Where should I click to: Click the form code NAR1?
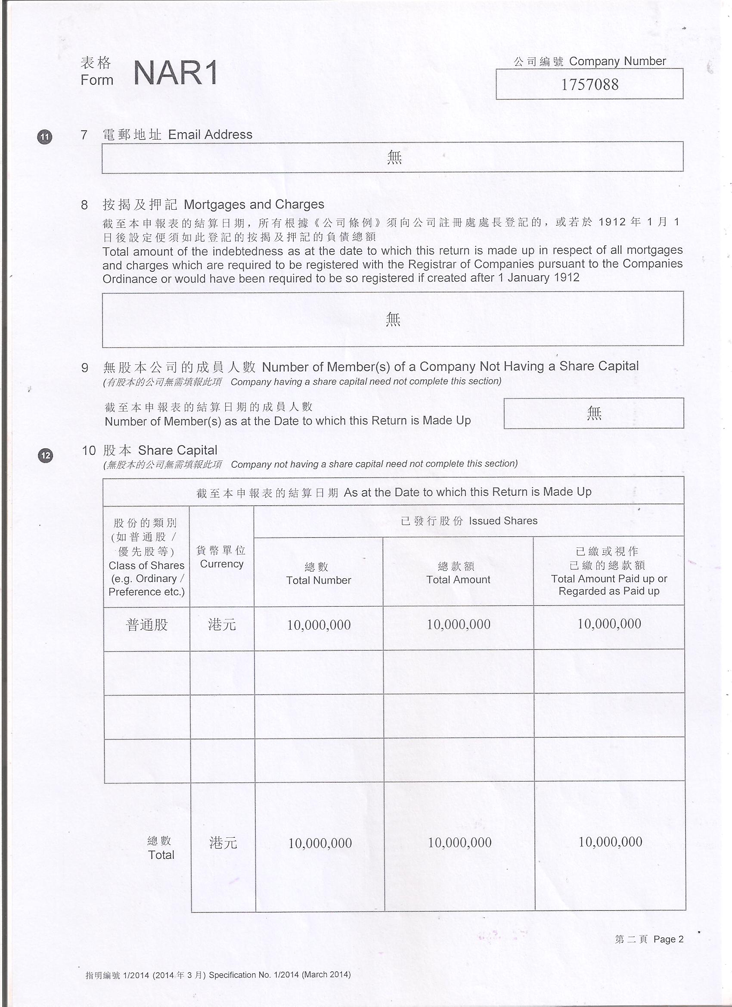175,73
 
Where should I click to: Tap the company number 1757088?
589,84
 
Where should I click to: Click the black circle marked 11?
44,137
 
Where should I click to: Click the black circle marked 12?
46,456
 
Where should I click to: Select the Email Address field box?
392,157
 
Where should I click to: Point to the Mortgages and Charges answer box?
392,319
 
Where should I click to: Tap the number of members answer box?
593,413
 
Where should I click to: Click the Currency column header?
221,557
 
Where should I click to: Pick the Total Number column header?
318,573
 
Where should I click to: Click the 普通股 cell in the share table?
147,625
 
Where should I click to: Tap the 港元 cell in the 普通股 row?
222,625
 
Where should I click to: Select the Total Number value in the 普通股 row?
319,625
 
